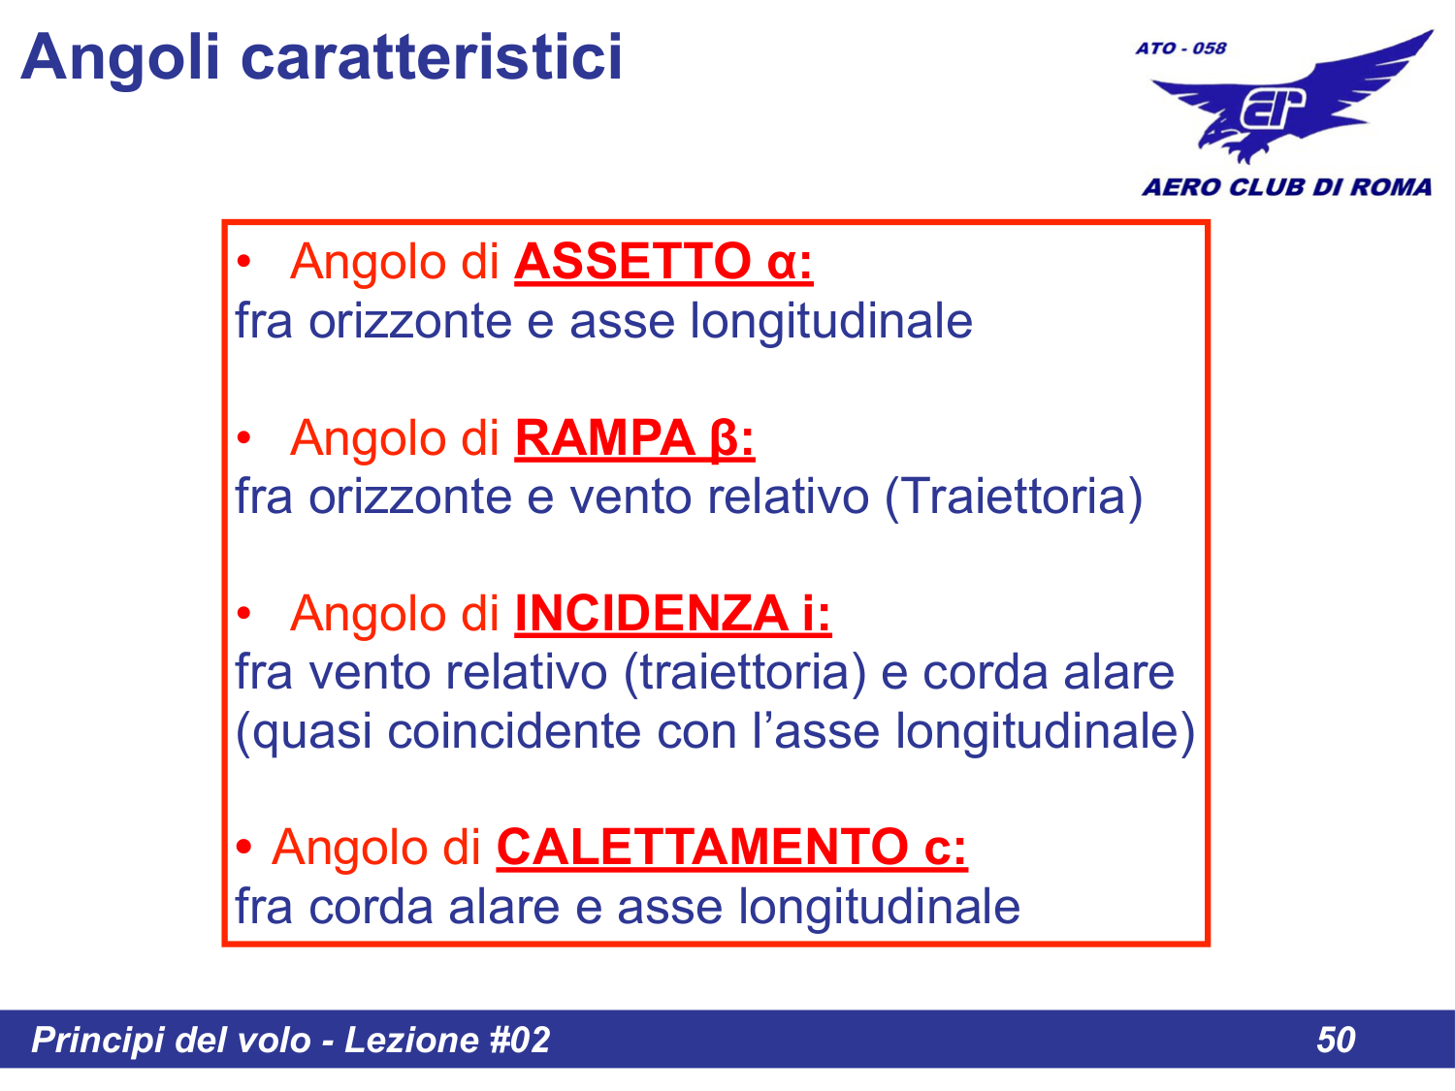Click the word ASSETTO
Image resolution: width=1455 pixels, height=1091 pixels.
[x=631, y=262]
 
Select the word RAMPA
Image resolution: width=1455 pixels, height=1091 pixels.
[x=603, y=438]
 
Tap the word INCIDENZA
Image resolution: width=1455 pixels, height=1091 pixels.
[x=650, y=614]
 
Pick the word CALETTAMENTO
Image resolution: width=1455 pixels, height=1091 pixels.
[x=701, y=848]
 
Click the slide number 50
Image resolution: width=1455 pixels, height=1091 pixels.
[x=1336, y=1040]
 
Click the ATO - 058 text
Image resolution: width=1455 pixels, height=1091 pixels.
[x=1180, y=48]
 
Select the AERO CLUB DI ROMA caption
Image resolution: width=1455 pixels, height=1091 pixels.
[x=1286, y=187]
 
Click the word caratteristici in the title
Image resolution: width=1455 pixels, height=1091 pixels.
[x=431, y=56]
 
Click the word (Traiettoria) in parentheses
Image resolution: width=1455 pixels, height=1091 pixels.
[x=1014, y=497]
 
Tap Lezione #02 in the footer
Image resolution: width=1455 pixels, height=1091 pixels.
[x=447, y=1040]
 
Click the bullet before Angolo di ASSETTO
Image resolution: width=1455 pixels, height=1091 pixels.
[x=244, y=263]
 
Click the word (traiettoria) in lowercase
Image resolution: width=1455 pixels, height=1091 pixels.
[x=745, y=673]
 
